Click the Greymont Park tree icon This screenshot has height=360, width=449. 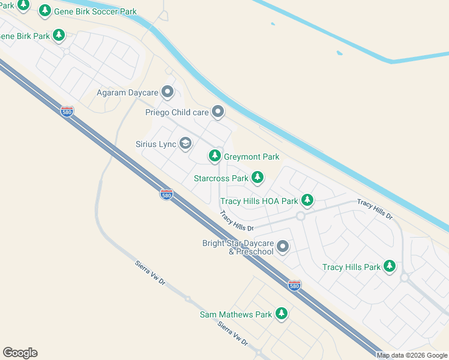click(x=215, y=156)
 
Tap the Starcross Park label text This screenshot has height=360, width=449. click(x=221, y=178)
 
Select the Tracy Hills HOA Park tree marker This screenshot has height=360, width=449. click(x=307, y=199)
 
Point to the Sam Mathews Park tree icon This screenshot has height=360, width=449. click(x=282, y=313)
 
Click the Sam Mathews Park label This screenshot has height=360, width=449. click(x=236, y=314)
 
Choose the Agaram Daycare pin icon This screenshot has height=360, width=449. click(x=167, y=92)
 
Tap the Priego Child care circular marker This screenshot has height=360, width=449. click(x=218, y=112)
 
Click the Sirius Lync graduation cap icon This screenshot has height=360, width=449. click(x=185, y=143)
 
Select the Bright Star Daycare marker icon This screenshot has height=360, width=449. click(x=283, y=246)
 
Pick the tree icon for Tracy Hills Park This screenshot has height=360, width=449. click(x=390, y=266)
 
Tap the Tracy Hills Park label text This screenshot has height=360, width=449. click(x=351, y=267)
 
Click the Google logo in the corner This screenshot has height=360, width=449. click(x=20, y=353)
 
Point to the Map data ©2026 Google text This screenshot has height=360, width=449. click(x=412, y=355)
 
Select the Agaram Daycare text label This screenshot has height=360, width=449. click(x=127, y=93)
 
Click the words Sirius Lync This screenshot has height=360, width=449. click(x=155, y=144)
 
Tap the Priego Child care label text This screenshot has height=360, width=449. click(x=177, y=112)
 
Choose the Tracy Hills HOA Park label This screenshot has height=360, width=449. click(x=259, y=201)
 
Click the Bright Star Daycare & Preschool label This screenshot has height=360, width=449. click(x=238, y=247)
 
